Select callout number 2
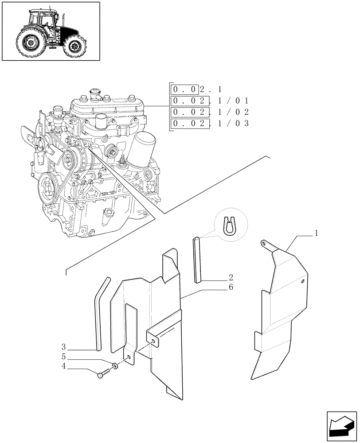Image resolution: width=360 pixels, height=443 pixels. (231, 278)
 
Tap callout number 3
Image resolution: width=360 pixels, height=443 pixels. (64, 346)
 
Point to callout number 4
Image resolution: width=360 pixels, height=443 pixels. (64, 366)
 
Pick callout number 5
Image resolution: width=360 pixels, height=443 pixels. (64, 356)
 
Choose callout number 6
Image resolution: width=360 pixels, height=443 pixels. (231, 287)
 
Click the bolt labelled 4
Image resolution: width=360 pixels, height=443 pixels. (102, 375)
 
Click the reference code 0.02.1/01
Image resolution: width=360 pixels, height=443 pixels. (210, 101)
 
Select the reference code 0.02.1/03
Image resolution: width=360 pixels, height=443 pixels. (210, 124)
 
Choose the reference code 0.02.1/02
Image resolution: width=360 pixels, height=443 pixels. (210, 112)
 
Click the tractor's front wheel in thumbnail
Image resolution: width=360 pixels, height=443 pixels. (74, 46)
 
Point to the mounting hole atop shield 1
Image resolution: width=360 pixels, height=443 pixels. (265, 242)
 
